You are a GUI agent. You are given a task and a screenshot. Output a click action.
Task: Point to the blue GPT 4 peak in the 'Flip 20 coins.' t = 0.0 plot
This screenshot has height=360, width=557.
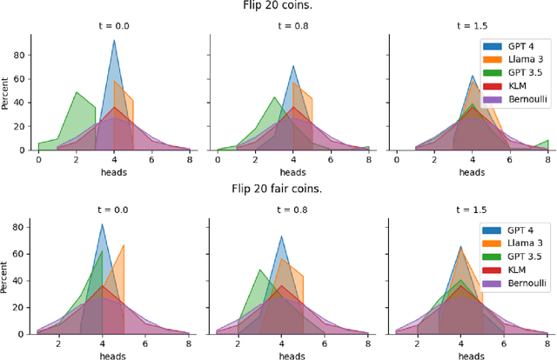point(114,41)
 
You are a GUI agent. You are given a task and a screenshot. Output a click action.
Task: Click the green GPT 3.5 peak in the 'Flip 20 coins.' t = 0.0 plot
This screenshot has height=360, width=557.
point(77,92)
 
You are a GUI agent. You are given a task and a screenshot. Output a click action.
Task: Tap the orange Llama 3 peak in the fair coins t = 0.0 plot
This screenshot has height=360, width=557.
point(124,245)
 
